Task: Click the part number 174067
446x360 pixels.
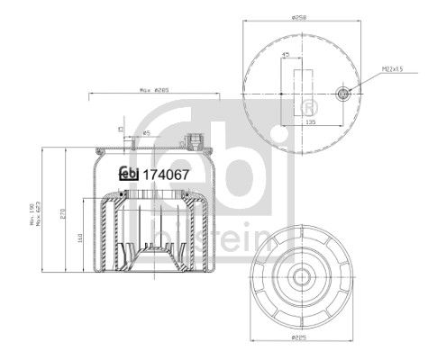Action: tap(163, 175)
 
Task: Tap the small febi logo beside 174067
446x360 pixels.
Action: tap(129, 175)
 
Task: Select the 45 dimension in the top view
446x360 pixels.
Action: tap(286, 56)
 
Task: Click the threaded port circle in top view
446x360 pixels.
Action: tap(342, 93)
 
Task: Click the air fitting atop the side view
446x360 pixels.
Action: tap(191, 140)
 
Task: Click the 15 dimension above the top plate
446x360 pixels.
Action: tap(121, 129)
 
